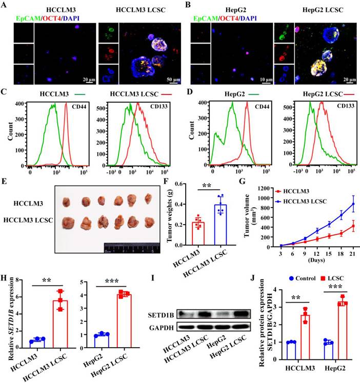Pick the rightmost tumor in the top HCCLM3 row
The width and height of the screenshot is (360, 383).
click(149, 198)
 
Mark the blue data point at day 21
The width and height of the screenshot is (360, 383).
click(339, 204)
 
